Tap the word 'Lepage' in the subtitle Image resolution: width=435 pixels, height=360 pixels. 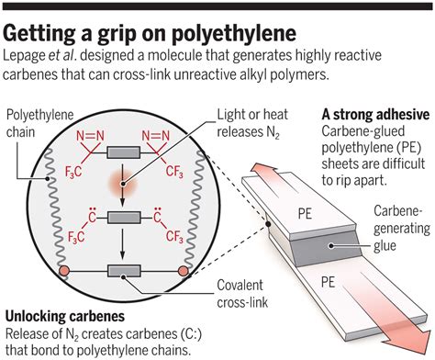coord(28,57)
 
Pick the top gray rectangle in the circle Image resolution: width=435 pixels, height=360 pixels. coord(124,152)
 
